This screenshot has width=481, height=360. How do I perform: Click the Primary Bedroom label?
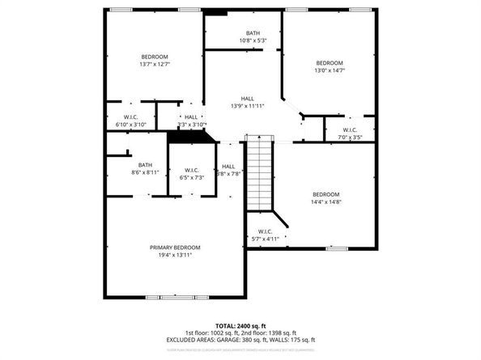[175, 247]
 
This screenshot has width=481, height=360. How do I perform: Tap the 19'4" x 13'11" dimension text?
[175, 255]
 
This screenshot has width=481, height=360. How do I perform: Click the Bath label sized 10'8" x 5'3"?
[253, 32]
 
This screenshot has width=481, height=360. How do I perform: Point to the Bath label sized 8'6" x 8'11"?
[145, 164]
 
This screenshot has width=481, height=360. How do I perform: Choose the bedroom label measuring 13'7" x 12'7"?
[154, 56]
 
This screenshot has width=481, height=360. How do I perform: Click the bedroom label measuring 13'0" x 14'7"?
[330, 63]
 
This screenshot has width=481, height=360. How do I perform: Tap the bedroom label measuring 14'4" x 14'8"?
[326, 194]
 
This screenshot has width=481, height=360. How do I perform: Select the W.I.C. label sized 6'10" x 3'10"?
[130, 117]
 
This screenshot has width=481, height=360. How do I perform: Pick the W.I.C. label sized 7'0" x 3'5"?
[350, 129]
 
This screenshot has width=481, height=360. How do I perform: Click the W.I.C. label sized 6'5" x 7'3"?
[193, 169]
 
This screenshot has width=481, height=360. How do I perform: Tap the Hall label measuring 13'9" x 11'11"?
[247, 99]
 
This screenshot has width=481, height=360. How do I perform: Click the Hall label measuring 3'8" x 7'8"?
[228, 166]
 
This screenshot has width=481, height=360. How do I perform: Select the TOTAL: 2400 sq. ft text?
[240, 324]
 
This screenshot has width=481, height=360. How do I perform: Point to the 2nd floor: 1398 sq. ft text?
[268, 332]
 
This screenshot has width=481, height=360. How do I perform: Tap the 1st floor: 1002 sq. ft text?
[211, 332]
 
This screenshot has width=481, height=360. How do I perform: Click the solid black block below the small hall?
[191, 136]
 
